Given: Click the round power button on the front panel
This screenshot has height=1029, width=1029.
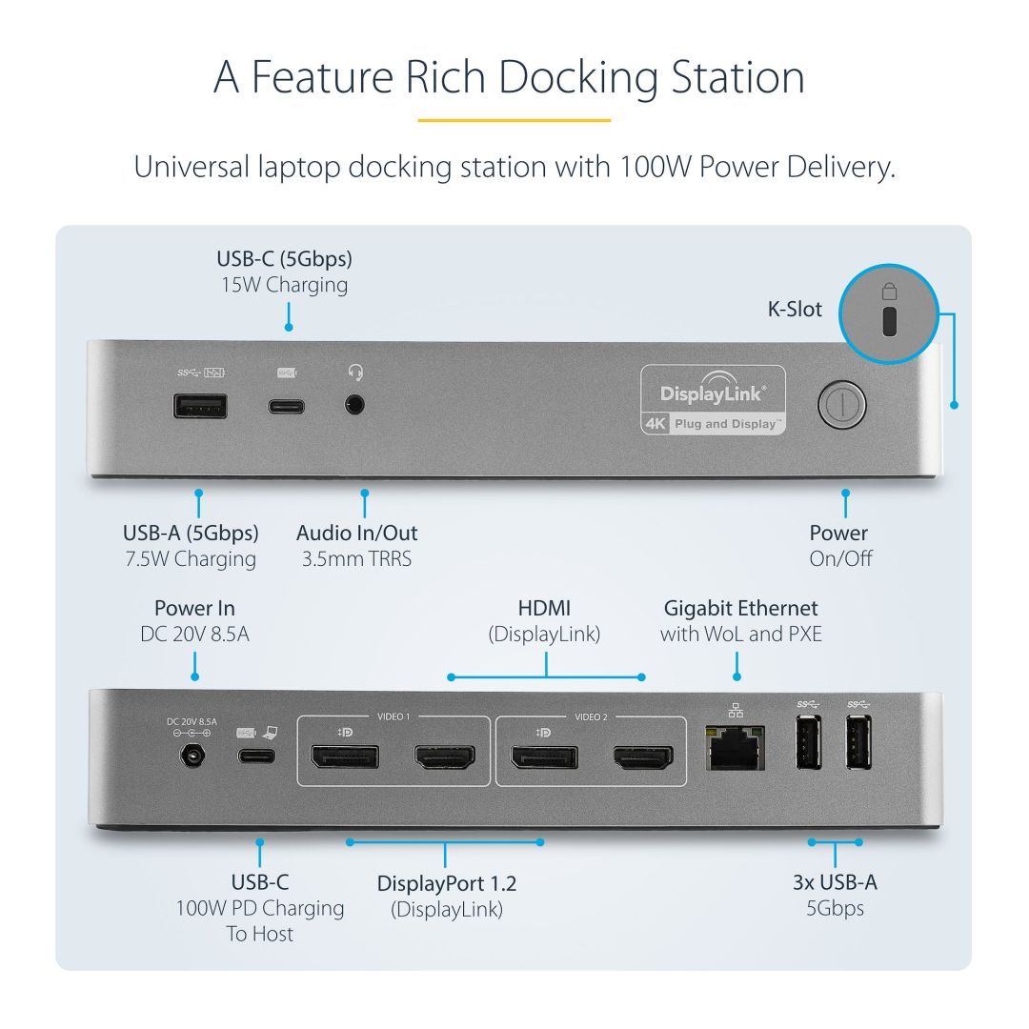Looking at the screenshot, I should click(x=841, y=405).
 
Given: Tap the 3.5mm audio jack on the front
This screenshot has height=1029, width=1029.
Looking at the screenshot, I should click(x=356, y=405).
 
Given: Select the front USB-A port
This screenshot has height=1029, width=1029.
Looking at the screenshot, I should click(x=200, y=406).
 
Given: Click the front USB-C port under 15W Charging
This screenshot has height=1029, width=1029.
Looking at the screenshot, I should click(x=287, y=406).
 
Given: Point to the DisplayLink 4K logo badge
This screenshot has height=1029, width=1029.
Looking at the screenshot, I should click(x=714, y=400).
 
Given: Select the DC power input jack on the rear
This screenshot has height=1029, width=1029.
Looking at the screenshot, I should click(x=194, y=757).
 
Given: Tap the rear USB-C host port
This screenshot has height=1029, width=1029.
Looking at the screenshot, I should click(x=256, y=757).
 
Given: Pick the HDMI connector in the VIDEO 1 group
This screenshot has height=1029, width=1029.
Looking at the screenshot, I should click(x=443, y=757).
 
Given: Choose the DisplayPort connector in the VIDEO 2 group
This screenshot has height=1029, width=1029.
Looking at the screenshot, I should click(x=543, y=757).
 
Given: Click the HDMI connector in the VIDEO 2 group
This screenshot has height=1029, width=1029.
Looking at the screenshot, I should click(x=642, y=757).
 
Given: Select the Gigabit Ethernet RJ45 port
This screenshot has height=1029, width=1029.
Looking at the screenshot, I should click(x=736, y=749).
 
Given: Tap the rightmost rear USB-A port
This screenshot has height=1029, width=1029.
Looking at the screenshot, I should click(x=857, y=742).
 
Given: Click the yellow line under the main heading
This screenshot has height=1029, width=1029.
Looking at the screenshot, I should click(x=514, y=121).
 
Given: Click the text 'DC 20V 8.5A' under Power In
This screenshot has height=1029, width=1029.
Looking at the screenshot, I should click(x=194, y=634).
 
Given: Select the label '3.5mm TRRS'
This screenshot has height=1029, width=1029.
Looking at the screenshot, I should click(x=356, y=559).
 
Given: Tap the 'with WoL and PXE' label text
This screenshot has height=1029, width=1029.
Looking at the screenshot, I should click(x=740, y=634).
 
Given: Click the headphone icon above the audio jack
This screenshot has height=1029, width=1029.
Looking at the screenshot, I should click(x=356, y=372).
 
